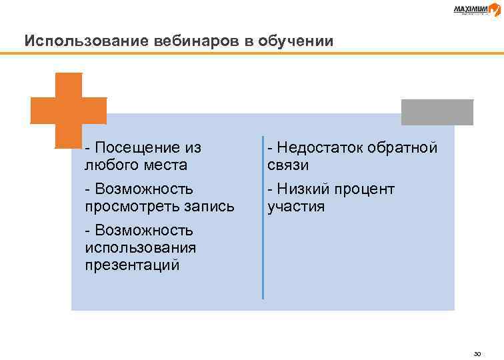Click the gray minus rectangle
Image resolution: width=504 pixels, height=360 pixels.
pos(437,112)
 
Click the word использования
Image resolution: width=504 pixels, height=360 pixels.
pos(141,248)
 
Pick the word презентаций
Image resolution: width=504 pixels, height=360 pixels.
pos(132,265)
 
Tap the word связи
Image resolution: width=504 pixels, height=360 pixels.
pos(288,164)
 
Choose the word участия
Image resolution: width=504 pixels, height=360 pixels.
pos(296,207)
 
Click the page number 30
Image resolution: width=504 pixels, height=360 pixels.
pos(476,353)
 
